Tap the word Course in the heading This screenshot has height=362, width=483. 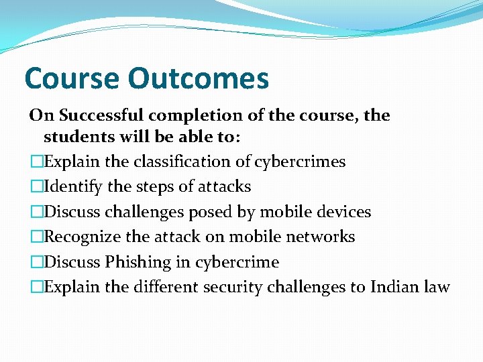[71, 78]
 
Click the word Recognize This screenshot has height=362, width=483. [84, 237]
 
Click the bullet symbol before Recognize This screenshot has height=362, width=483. [36, 237]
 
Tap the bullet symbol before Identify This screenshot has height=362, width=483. [36, 187]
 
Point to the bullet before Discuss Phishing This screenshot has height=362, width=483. [36, 262]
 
